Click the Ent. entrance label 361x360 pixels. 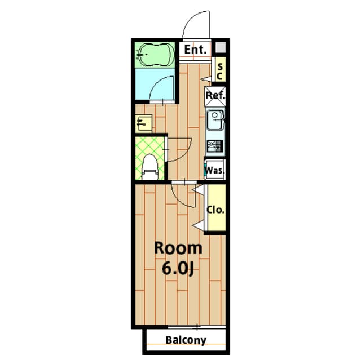coord(195,50)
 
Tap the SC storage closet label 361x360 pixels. coord(220,72)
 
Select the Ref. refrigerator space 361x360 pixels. coord(215,96)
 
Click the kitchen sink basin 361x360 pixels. coord(215,120)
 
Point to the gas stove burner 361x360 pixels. coord(214,146)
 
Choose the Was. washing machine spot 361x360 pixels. coord(214,170)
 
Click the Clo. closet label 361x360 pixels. coord(215,210)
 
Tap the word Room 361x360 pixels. coord(178,248)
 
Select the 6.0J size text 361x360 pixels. coord(177,268)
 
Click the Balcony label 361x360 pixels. coord(186,340)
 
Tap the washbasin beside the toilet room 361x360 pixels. coord(144,123)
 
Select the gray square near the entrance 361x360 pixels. coord(220,47)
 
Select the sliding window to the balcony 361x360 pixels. coord(196,327)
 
